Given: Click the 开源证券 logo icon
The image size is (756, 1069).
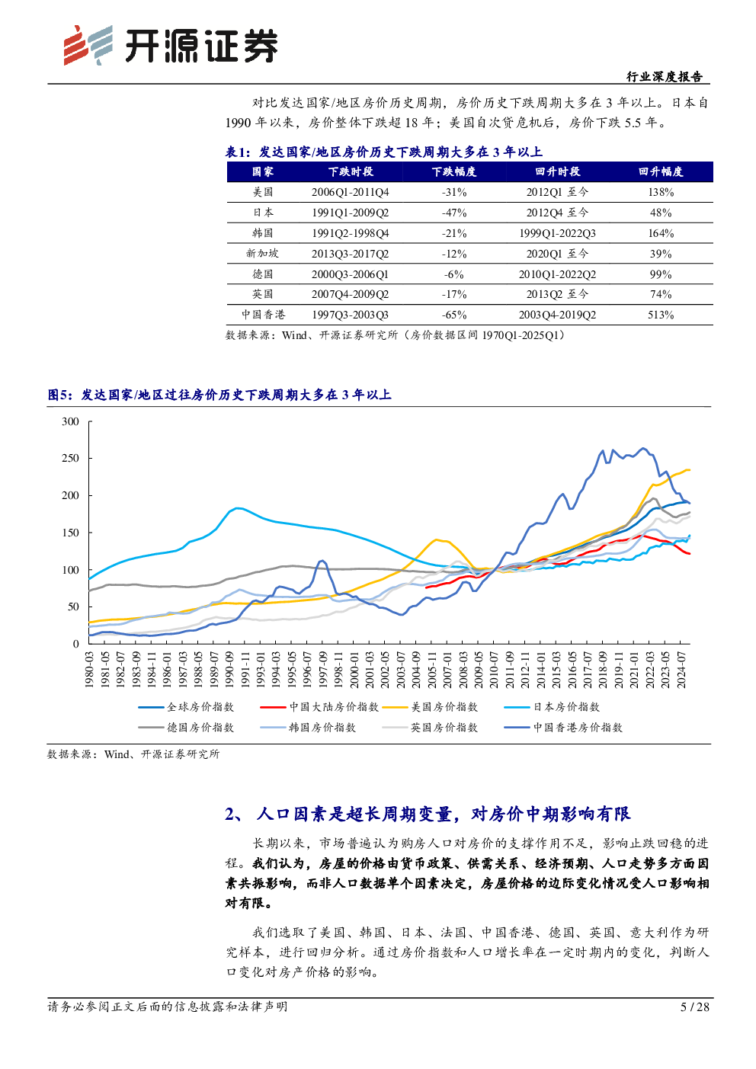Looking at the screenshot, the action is (88, 46).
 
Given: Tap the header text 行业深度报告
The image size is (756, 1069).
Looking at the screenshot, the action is (665, 77).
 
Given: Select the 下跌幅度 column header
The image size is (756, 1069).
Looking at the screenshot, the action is (454, 171).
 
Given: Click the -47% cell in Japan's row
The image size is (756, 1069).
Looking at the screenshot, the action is (454, 213).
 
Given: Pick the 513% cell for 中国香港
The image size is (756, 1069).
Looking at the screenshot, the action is (661, 315).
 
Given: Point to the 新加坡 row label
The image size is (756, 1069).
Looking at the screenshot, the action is (262, 254).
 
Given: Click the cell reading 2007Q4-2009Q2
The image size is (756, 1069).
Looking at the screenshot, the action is (351, 294).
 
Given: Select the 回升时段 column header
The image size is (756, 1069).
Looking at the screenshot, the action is (557, 171).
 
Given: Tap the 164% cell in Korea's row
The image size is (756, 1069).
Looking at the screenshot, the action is (661, 233).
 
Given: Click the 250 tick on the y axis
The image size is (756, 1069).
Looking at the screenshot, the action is (71, 458).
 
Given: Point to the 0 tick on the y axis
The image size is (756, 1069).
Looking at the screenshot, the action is (76, 644).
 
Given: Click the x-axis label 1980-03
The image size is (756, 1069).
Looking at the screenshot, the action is (89, 671).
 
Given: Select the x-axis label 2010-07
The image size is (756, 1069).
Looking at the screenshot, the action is (494, 671).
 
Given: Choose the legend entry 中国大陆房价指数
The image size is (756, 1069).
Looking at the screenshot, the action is (319, 707).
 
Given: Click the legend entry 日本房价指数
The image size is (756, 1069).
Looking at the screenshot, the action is (552, 707).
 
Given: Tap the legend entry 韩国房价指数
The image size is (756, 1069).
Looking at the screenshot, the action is (308, 728).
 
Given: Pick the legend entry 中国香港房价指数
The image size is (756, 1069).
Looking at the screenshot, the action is (563, 728).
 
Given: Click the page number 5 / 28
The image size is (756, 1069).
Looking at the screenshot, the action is (694, 1007).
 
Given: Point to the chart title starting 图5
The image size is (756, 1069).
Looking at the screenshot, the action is (219, 395).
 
